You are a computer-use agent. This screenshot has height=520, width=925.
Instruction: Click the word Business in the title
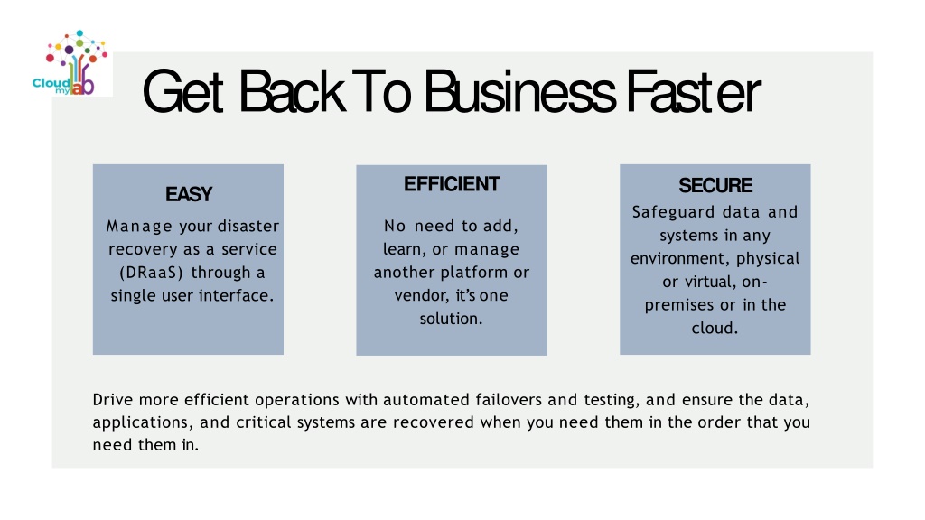coord(519,91)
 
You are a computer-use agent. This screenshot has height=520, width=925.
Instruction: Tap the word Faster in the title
coord(693,91)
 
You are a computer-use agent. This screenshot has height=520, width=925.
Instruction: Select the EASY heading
coord(189,194)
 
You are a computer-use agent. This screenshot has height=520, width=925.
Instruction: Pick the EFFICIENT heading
coord(452,184)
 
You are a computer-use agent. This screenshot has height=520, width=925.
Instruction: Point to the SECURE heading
coord(715,185)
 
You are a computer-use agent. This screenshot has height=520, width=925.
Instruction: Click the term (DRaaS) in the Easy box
coord(152,273)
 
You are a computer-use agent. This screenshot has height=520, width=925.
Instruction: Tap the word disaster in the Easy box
coord(248,226)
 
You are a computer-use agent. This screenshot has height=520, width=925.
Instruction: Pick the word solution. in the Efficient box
coord(452,319)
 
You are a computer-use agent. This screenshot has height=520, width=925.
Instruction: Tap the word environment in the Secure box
coord(680,258)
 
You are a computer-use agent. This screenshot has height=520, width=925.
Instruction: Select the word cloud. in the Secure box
coord(715,328)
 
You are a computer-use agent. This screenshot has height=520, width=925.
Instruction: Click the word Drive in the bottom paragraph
coord(113,400)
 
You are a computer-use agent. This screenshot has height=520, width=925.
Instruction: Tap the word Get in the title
coord(182,91)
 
